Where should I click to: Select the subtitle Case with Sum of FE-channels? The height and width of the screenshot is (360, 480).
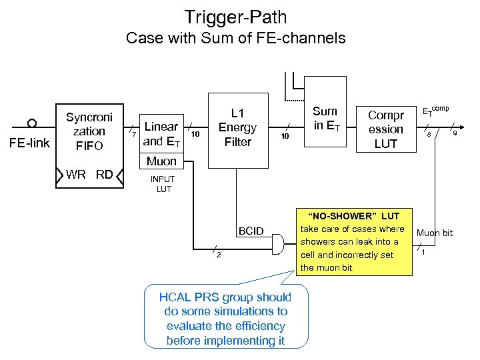pos(235,38)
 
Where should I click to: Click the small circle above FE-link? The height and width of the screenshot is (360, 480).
pos(31,123)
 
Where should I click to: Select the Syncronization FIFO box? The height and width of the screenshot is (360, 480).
pos(89,131)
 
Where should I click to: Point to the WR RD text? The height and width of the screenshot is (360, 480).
pos(89,175)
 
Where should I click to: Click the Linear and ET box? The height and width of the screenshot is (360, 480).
pos(161,133)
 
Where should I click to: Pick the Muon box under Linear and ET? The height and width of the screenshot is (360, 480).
pos(161,161)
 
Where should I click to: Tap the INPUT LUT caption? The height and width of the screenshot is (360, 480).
pos(163,184)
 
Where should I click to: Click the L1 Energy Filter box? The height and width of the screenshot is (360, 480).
pos(237,127)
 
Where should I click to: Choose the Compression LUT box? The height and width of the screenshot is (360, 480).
pos(386,129)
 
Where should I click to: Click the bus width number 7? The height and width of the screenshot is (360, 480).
pos(134,136)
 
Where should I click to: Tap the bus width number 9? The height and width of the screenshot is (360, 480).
pos(455,134)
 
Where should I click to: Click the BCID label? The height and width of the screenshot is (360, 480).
pos(252,231)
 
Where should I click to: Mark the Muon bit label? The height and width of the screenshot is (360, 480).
pos(434,233)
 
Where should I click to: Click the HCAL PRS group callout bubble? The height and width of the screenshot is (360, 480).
pos(225,318)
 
